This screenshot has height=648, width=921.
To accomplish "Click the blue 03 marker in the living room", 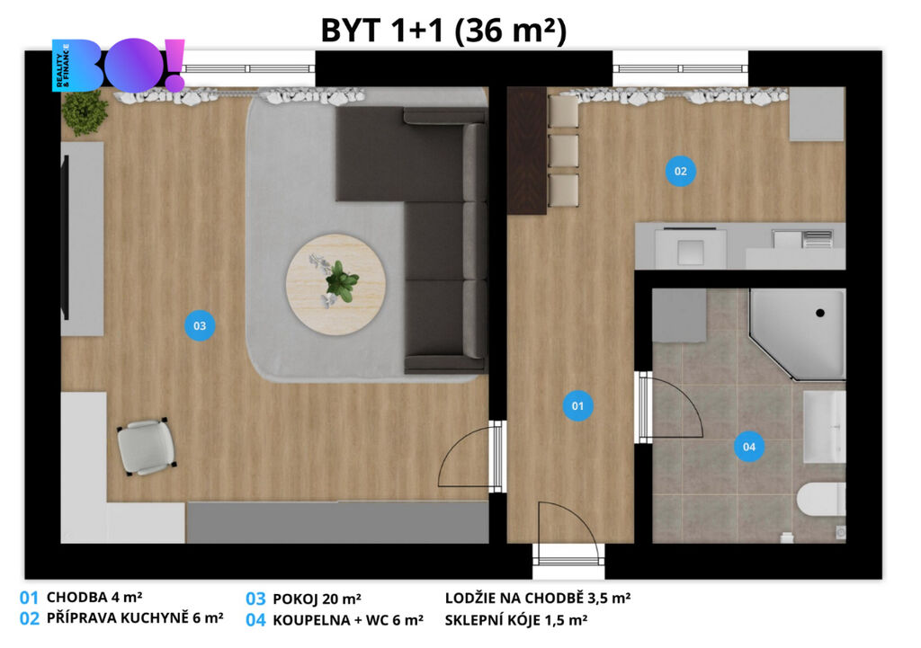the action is pyautogui.click(x=200, y=325).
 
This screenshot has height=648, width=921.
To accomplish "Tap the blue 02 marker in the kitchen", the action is pyautogui.click(x=680, y=171).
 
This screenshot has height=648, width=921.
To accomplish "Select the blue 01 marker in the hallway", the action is pyautogui.click(x=577, y=405).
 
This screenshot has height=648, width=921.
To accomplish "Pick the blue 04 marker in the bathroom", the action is pyautogui.click(x=749, y=447).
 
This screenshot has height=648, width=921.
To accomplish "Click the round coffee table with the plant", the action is pyautogui.click(x=335, y=285).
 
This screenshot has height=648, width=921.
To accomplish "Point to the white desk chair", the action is pyautogui.click(x=147, y=446).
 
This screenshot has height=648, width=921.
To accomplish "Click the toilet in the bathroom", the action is pyautogui.click(x=821, y=500).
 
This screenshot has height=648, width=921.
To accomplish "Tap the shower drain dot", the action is pyautogui.click(x=820, y=313).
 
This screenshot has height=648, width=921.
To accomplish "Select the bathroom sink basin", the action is pyautogui.click(x=824, y=426).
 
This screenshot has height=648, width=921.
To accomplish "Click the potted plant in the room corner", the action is pyautogui.click(x=85, y=111).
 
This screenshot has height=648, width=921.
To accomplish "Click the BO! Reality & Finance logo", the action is pyautogui.click(x=119, y=65).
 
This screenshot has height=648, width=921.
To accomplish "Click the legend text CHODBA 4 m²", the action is pyautogui.click(x=94, y=598).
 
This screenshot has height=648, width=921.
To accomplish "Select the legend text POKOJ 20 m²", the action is pyautogui.click(x=317, y=599).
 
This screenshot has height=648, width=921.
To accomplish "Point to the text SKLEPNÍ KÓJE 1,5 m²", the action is pyautogui.click(x=515, y=620).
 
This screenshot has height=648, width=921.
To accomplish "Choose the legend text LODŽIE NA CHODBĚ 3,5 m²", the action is pyautogui.click(x=538, y=598).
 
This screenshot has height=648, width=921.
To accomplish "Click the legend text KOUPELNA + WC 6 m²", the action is pyautogui.click(x=348, y=620).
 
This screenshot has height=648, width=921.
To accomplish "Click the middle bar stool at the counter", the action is pyautogui.click(x=563, y=150).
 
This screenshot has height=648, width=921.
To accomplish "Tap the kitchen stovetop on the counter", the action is pyautogui.click(x=691, y=247).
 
